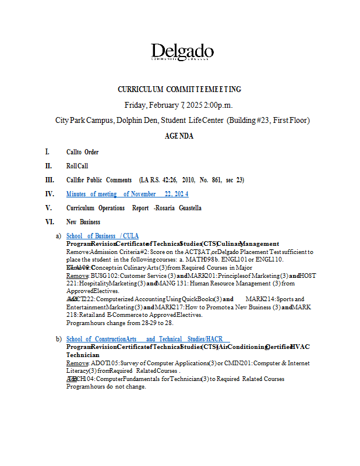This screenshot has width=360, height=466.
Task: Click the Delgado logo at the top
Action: coord(182,52)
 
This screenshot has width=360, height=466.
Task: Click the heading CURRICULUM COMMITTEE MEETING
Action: coord(179,89)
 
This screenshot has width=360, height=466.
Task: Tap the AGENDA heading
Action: coord(179,136)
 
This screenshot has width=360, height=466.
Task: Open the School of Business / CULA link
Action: coord(103,236)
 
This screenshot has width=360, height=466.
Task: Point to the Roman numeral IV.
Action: coord(50,194)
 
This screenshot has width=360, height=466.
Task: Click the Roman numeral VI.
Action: coord(50,222)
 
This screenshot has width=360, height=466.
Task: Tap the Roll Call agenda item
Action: coord(77,166)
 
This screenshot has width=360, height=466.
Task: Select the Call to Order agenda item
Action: coord(82,152)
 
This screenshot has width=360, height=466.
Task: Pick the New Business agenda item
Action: coord(83,222)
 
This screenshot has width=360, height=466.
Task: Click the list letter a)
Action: coord(58,236)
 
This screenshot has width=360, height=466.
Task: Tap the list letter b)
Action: coord(58,339)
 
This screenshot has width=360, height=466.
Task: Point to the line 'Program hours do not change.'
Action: coord(106,386)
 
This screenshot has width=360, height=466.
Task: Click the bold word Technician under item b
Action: coord(83,355)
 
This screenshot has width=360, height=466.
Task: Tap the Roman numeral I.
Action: coord(48,152)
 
